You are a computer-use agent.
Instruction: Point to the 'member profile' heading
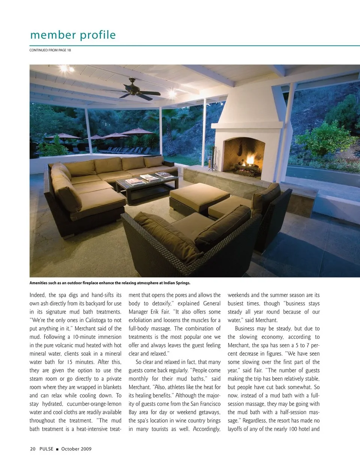coord(73,35)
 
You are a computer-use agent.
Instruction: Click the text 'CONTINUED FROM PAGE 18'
coord(50,50)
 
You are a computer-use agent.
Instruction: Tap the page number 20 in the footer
coord(33,448)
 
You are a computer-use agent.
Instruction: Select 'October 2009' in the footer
coord(76,448)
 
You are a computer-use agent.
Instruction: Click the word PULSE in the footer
coord(46,448)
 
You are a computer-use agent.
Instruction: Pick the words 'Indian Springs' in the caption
coord(177,283)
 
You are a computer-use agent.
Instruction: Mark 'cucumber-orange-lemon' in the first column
coord(94,404)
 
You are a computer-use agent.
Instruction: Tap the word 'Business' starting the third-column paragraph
coord(245,328)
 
